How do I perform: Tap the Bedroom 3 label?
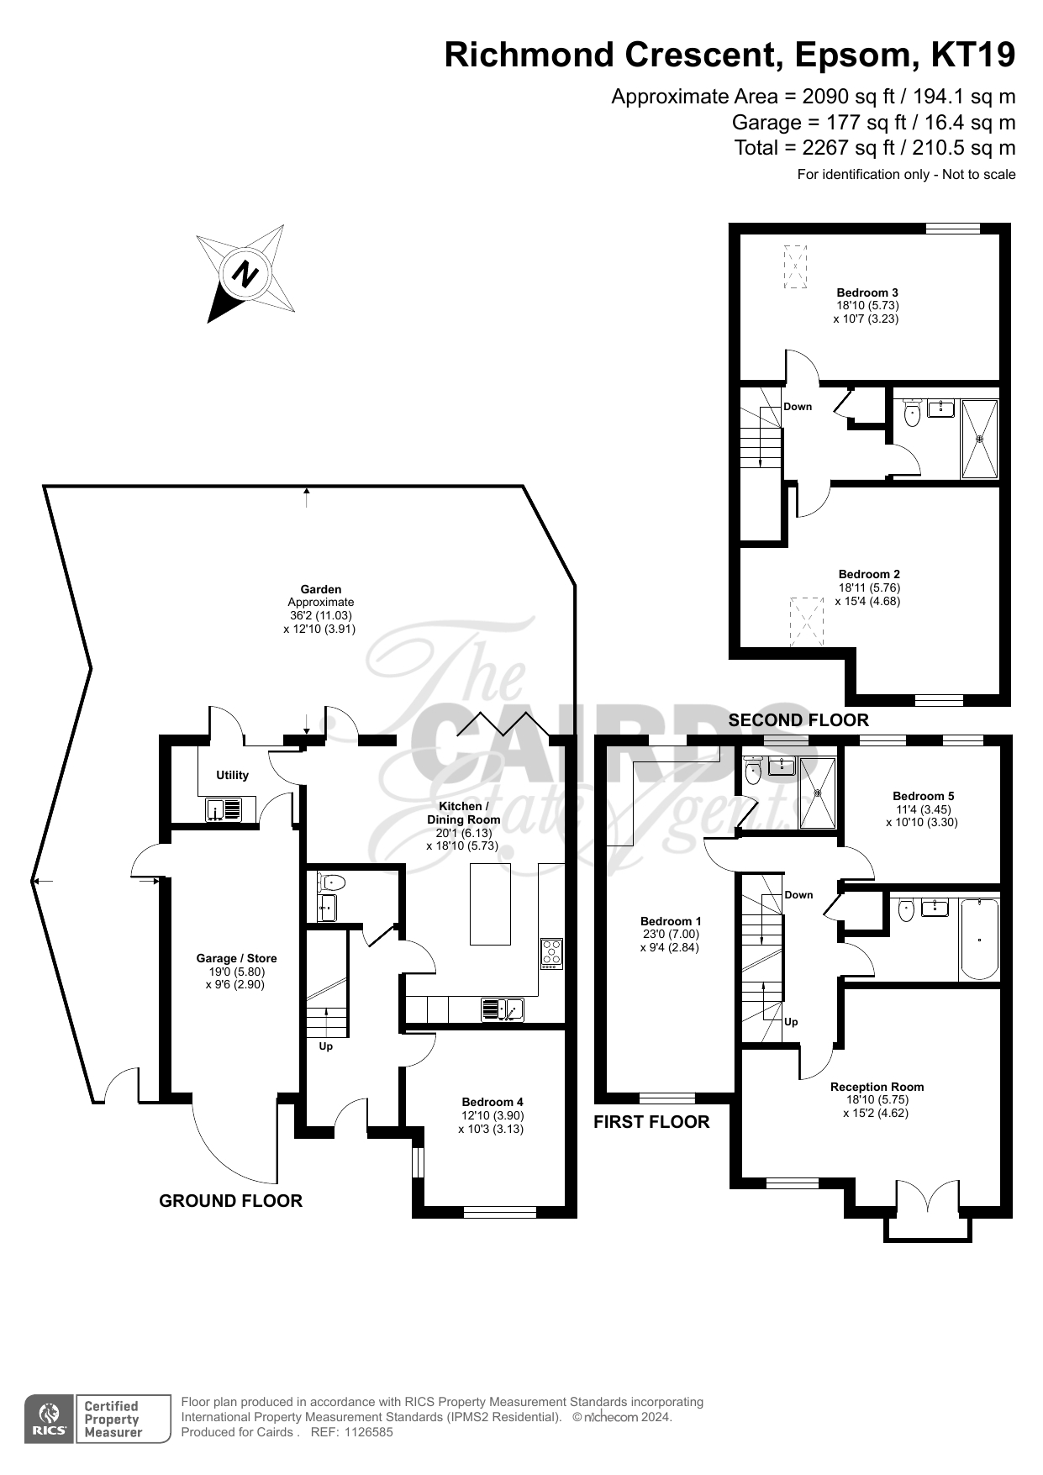pos(867,292)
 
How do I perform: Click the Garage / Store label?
pos(236,958)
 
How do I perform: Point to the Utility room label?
pos(233,775)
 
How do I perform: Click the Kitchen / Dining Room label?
pos(463,813)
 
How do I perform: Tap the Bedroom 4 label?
pos(493,1102)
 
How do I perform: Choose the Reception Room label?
pos(877,1087)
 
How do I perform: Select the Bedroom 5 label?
pos(923,796)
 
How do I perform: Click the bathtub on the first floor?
pos(979,939)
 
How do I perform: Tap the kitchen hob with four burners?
pos(552,953)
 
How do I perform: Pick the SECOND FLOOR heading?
pos(798,720)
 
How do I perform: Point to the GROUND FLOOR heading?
pos(231,1201)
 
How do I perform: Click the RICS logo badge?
pos(48,1419)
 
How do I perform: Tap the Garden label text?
pos(321,589)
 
